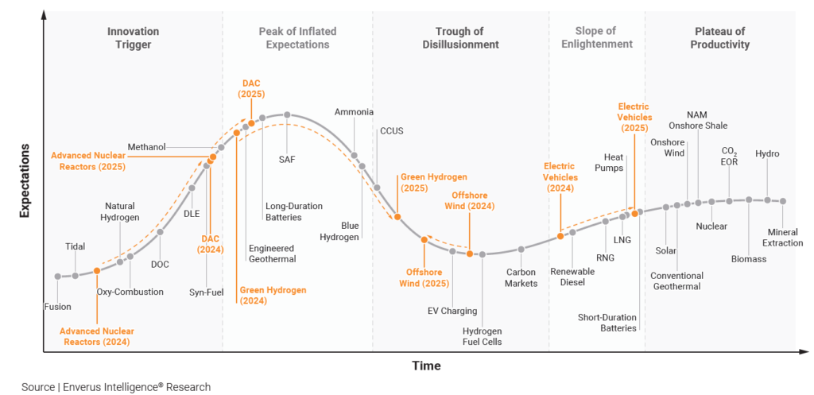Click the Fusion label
[58, 306]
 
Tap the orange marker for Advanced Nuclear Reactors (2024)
[97, 271]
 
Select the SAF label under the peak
[287, 159]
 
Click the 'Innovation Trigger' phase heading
[133, 38]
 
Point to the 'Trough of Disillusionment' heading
[459, 38]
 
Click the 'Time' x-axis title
[426, 366]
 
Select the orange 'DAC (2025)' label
[251, 88]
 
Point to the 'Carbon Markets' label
[521, 277]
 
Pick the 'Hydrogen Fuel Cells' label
[483, 336]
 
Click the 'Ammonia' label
[354, 112]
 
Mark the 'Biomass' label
[749, 258]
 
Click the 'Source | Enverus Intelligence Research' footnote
[116, 387]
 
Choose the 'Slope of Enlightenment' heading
[596, 38]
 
